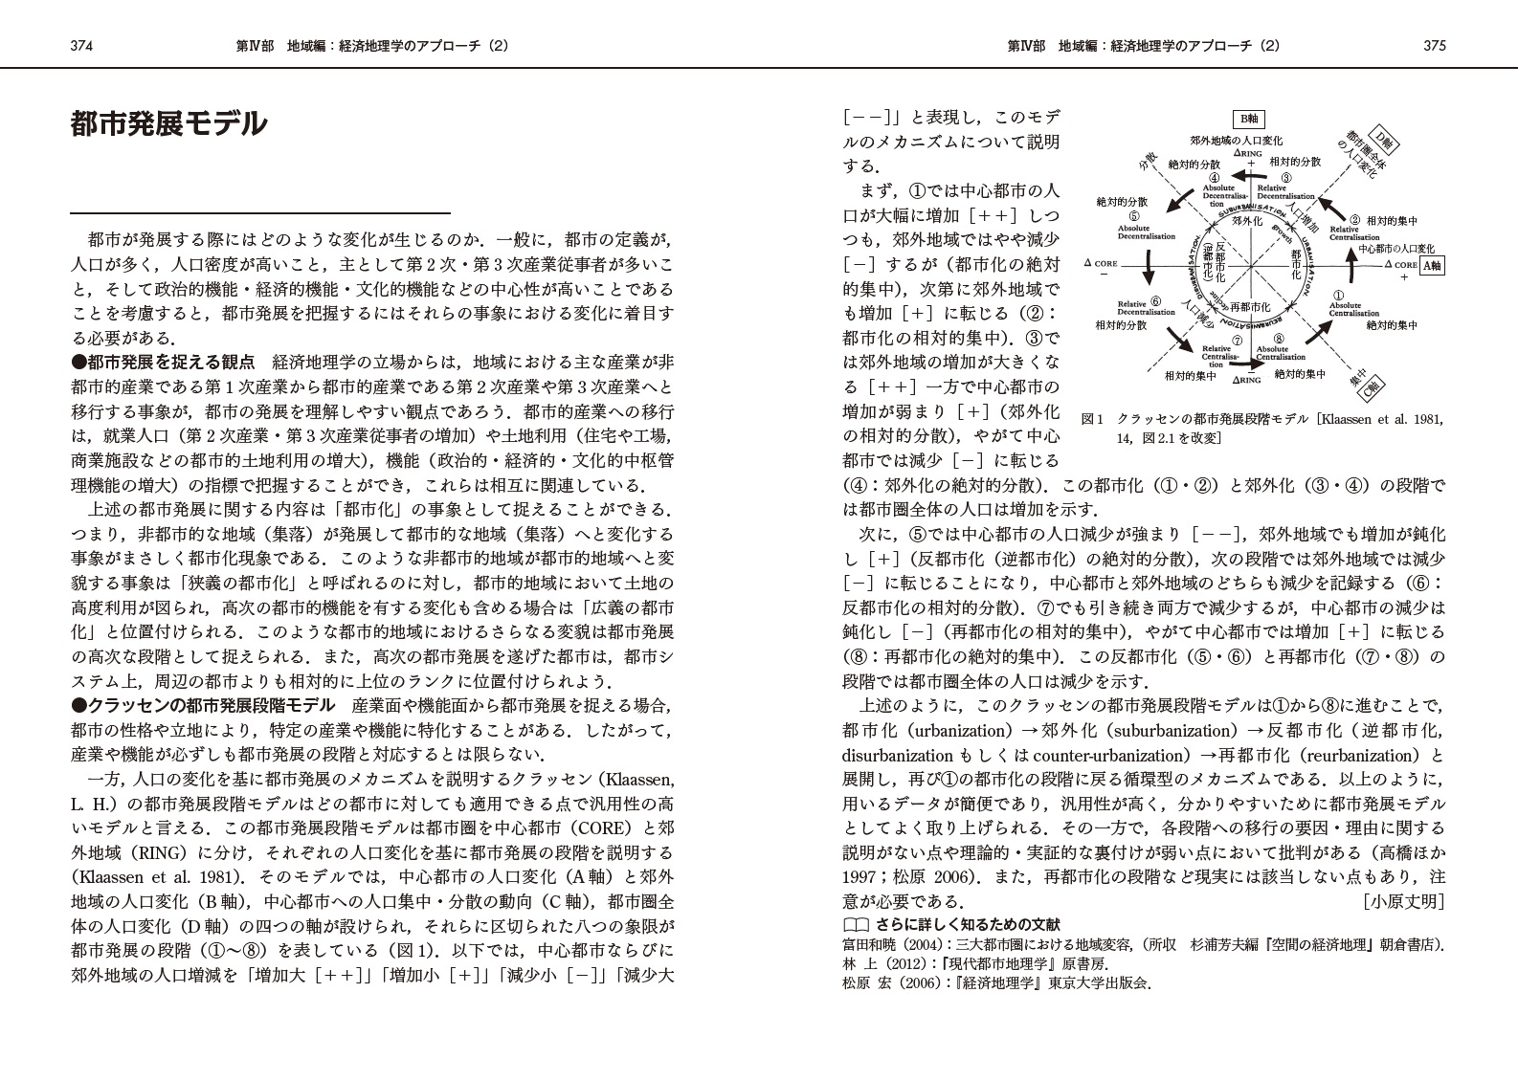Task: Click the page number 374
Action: (80, 45)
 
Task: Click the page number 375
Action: (1434, 45)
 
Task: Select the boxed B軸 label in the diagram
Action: (1249, 119)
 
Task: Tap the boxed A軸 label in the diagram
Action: (1432, 266)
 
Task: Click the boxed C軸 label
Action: (1373, 388)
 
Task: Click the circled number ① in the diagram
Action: (1339, 296)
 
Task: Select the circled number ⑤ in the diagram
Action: (1134, 215)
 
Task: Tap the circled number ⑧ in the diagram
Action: (1279, 338)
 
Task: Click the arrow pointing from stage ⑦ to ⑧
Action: (1247, 364)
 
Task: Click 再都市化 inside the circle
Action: (1250, 307)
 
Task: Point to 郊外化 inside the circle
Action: (1247, 221)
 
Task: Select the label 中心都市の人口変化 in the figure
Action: (1396, 249)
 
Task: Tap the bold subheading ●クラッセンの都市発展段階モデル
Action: (203, 706)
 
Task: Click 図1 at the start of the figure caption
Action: (1092, 420)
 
